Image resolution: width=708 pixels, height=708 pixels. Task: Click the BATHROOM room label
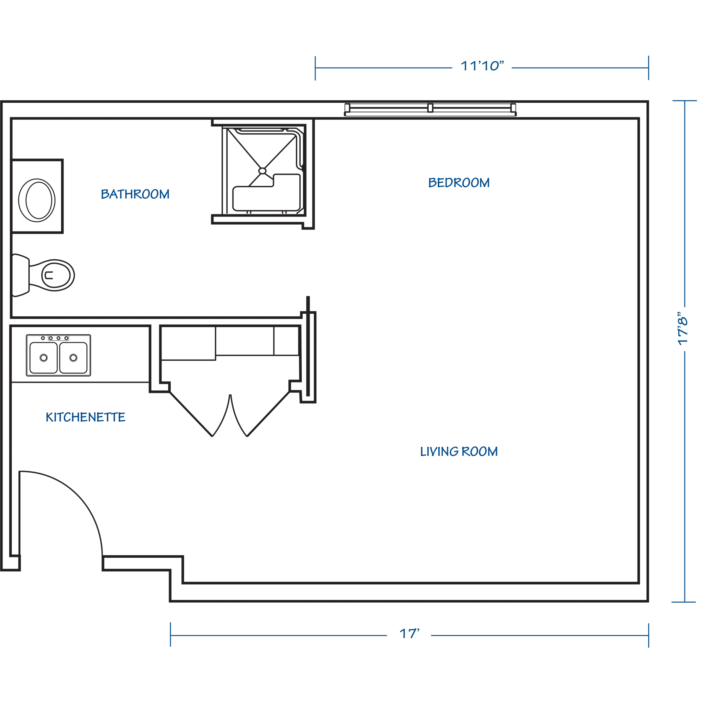(135, 194)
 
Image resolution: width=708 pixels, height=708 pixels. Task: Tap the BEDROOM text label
(459, 183)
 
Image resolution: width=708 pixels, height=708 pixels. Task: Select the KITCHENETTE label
(85, 417)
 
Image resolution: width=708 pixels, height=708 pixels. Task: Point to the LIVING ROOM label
(459, 451)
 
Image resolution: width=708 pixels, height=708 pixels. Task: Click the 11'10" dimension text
(482, 66)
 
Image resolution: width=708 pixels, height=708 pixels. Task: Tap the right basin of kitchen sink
(74, 357)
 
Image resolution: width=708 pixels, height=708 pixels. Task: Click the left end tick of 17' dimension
(170, 635)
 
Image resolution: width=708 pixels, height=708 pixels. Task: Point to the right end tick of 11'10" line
(648, 68)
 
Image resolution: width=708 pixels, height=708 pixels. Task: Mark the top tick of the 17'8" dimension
(684, 101)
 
